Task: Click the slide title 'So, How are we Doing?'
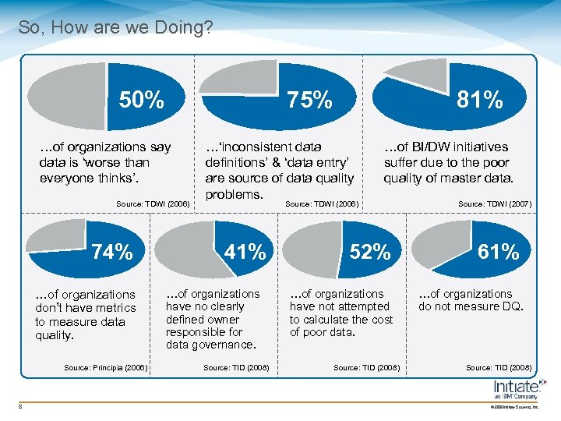coord(115,28)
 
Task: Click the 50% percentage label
coord(141,101)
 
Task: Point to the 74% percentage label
coord(112,252)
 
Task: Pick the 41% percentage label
coord(245,252)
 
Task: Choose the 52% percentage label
coord(370,252)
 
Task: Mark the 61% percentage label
coord(498,252)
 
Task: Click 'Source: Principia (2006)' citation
coord(105,367)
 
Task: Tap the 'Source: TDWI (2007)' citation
coord(495,203)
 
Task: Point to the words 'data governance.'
coord(210,345)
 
